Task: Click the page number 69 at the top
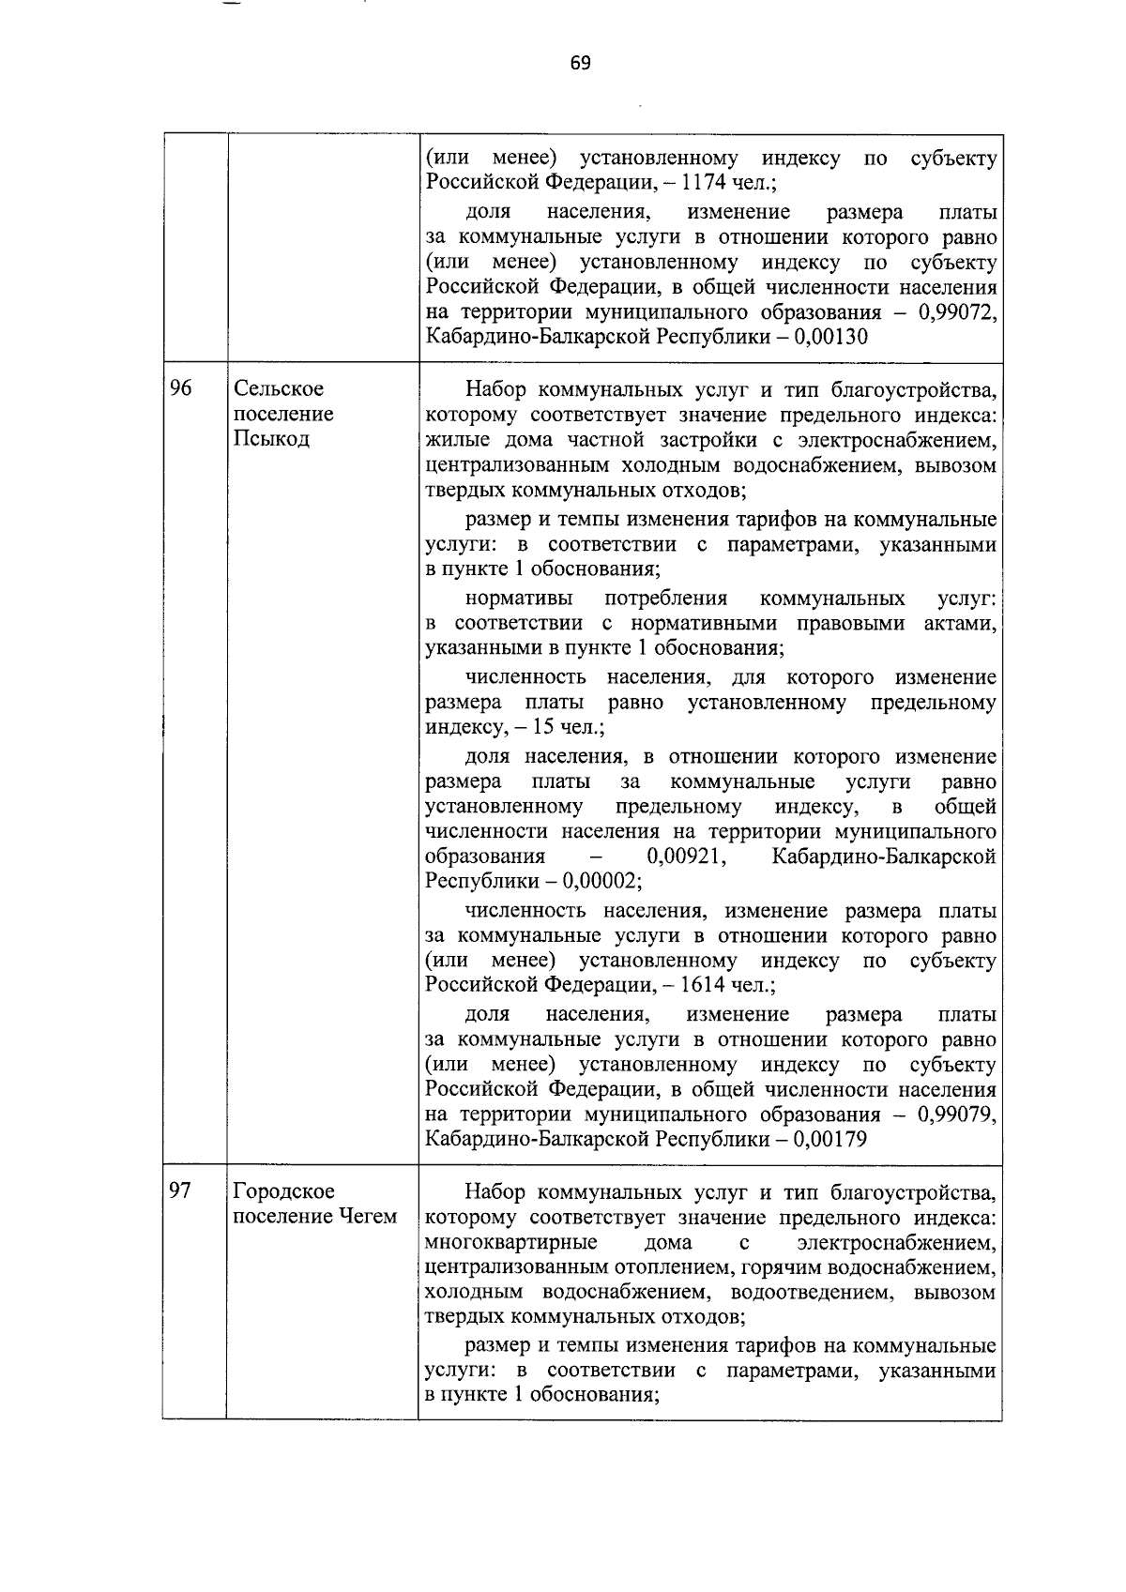(x=580, y=63)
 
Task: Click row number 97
(x=181, y=1190)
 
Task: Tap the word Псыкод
(x=271, y=439)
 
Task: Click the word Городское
(x=283, y=1191)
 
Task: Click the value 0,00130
(x=830, y=337)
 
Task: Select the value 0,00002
(x=601, y=882)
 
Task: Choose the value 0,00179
(x=830, y=1139)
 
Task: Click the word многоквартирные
(x=511, y=1242)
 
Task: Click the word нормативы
(x=513, y=599)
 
